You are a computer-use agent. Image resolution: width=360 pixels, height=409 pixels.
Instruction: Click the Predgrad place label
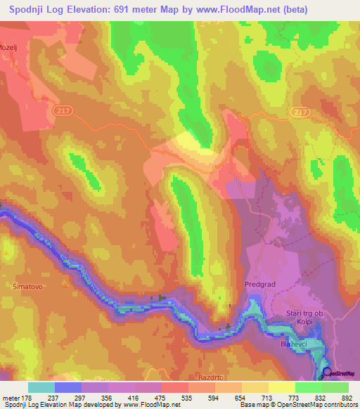click(x=257, y=285)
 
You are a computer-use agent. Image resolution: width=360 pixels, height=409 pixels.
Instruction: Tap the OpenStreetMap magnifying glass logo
click(x=327, y=372)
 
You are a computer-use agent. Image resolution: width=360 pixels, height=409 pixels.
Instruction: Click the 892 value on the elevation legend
click(x=347, y=397)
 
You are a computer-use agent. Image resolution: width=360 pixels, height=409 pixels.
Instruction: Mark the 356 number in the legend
click(x=105, y=397)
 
